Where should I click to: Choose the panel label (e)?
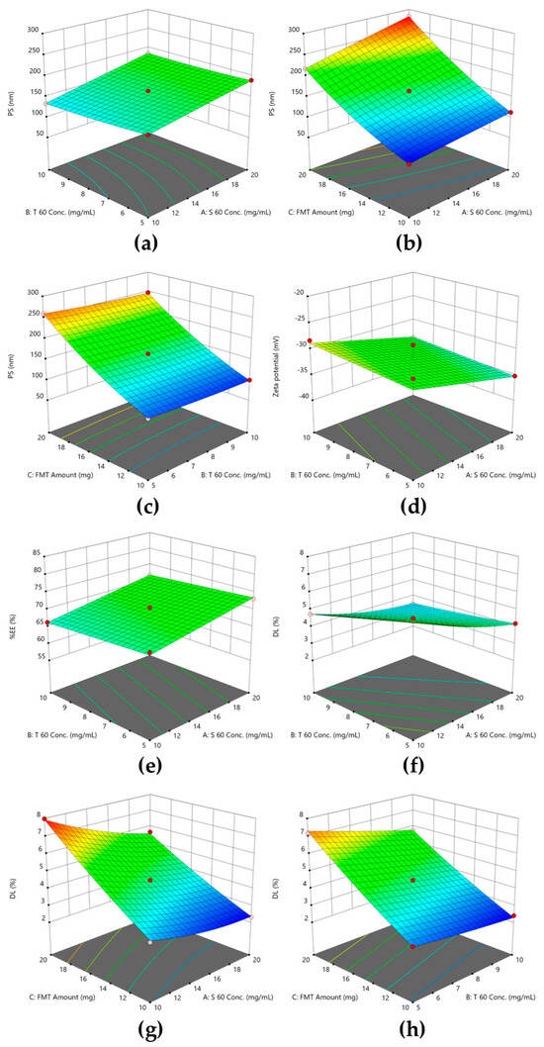click(136, 764)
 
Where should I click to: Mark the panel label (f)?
click(407, 764)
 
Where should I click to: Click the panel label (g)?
click(136, 1027)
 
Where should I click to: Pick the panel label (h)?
click(407, 1027)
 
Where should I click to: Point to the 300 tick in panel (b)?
click(294, 29)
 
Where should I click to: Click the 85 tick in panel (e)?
click(23, 552)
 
